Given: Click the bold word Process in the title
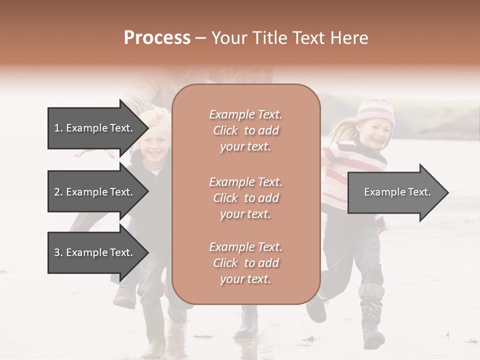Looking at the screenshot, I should (x=157, y=38).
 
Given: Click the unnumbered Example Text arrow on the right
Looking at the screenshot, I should (x=397, y=192).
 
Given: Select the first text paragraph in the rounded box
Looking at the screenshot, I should (x=245, y=130).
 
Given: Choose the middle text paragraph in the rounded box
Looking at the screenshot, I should (x=245, y=197).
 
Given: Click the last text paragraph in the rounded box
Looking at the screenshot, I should (x=245, y=263).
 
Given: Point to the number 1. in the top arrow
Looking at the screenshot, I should (x=58, y=128).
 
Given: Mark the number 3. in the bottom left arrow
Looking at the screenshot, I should (x=58, y=252).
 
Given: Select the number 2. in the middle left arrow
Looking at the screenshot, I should (x=58, y=192).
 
